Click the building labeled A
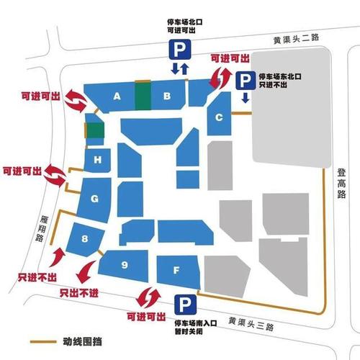click(x=115, y=96)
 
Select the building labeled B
click(x=166, y=96)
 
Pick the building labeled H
click(x=96, y=159)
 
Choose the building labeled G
click(x=95, y=197)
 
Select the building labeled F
click(x=177, y=271)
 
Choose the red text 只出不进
click(x=78, y=293)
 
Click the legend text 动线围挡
click(x=73, y=341)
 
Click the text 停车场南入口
click(x=197, y=325)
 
